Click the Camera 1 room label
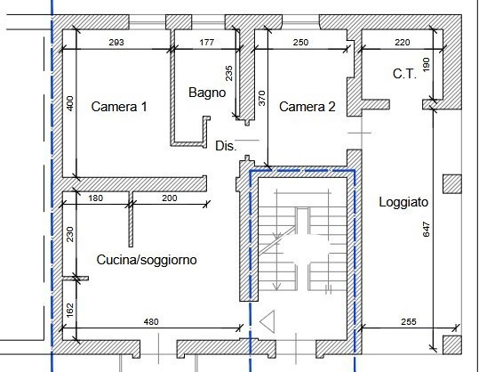(x=118, y=107)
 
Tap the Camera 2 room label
(x=307, y=107)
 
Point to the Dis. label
(x=225, y=146)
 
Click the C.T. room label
(x=404, y=75)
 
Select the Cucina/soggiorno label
(x=147, y=260)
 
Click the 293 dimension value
(x=116, y=42)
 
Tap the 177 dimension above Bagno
(x=207, y=42)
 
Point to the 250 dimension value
(x=300, y=42)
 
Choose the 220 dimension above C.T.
(x=403, y=42)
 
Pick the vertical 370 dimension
(x=262, y=98)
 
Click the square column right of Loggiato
(x=451, y=184)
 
